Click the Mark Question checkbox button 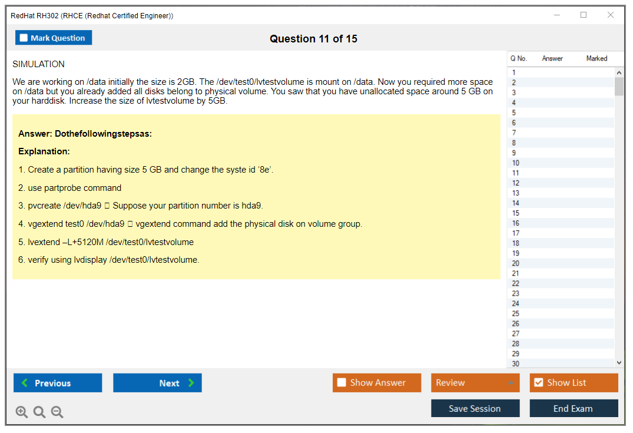coord(53,38)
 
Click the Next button coord(157,382)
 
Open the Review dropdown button coord(475,382)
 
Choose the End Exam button coord(574,408)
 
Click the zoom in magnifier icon coord(22,412)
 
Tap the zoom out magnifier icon coord(57,412)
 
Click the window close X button coord(611,15)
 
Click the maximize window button coord(584,15)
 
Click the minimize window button coord(557,15)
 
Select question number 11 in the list coord(515,173)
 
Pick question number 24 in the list coord(515,303)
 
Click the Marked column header coord(596,58)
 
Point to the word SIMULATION coord(38,64)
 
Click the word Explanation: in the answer coord(44,151)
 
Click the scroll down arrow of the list coord(619,363)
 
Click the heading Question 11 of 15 coord(314,39)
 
